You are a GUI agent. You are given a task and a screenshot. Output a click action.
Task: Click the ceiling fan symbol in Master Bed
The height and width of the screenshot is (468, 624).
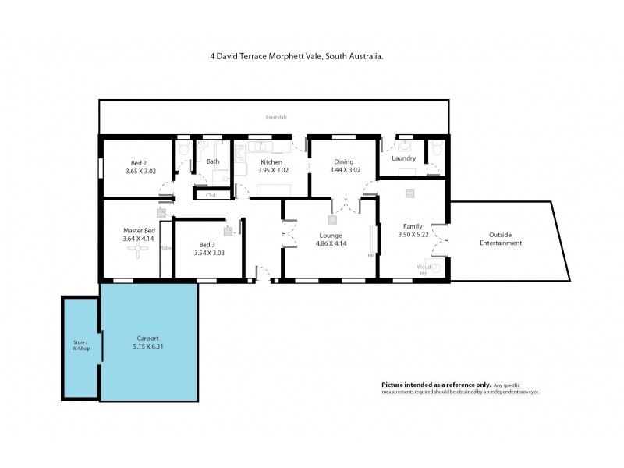139,249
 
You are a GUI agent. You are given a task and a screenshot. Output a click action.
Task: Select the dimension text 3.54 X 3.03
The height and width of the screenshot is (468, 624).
208,253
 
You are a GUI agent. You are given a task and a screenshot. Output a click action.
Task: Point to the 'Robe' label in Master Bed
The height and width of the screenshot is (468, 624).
165,248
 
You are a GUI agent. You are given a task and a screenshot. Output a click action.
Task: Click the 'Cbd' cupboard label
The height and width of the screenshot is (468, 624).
211,195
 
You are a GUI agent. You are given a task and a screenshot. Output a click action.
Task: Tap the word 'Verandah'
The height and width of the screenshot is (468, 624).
275,118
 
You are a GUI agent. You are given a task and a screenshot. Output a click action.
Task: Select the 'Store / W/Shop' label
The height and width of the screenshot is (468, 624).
81,346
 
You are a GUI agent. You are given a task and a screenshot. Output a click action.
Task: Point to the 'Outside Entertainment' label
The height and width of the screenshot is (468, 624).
500,239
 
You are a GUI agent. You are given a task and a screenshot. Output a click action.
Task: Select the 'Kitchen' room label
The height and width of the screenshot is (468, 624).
271,161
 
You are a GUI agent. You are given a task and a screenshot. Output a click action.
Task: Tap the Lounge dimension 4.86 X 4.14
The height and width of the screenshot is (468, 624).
331,243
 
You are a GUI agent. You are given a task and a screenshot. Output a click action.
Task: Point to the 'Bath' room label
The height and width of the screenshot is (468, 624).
212,161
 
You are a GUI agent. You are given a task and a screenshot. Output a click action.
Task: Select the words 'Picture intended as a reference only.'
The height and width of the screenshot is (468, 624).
436,385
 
